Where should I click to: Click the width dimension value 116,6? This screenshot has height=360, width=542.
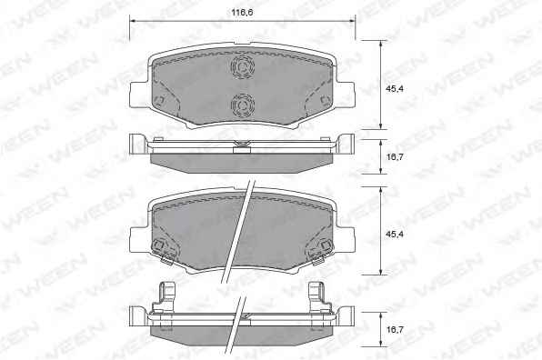click(x=242, y=13)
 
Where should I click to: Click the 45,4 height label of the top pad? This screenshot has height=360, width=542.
click(x=395, y=89)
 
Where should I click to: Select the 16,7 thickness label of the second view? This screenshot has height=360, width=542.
click(x=395, y=157)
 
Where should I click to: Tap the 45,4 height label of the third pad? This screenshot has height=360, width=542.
click(x=395, y=235)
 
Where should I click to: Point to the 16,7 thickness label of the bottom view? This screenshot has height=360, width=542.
click(x=395, y=330)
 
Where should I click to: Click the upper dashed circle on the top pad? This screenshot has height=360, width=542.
click(x=243, y=66)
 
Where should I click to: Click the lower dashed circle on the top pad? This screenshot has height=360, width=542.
click(x=243, y=105)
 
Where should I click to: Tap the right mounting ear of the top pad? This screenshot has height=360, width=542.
click(x=345, y=95)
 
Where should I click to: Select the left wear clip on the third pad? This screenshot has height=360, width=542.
click(x=162, y=251)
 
